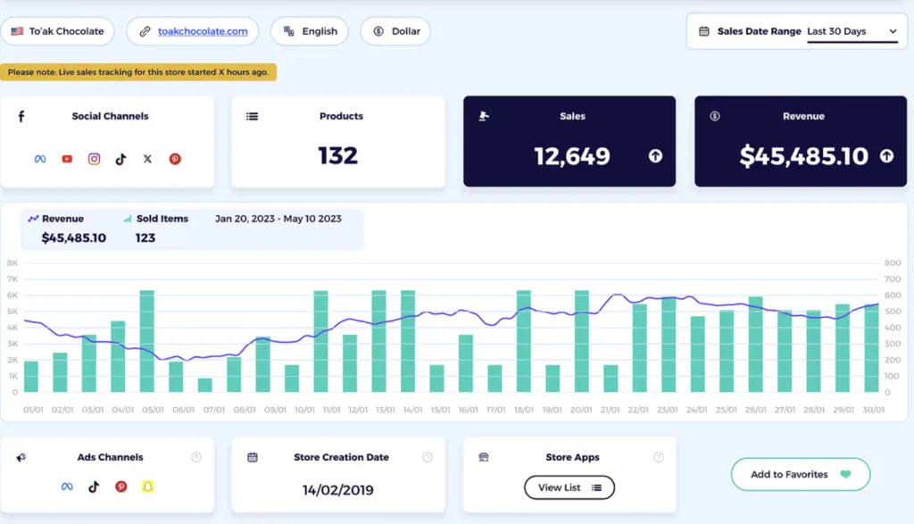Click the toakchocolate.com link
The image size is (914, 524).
point(203,31)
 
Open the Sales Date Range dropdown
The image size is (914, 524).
point(852,31)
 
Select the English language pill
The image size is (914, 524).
point(310,31)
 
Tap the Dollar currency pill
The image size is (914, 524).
point(395,31)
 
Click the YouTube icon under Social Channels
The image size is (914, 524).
point(67,159)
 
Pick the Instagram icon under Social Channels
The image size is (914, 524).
point(94,159)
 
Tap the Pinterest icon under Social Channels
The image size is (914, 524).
point(175,159)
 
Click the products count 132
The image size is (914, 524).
point(337,156)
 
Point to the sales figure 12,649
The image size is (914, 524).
point(572,157)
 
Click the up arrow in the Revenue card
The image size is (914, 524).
point(886,156)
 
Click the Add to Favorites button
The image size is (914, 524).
point(800,474)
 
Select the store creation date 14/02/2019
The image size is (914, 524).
point(337,490)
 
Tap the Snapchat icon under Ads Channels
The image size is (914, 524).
point(148,487)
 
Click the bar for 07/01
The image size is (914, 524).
point(205,385)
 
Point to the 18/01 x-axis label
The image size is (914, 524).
point(524,410)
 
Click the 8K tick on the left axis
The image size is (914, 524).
point(12,263)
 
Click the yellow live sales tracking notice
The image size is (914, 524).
point(138,72)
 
